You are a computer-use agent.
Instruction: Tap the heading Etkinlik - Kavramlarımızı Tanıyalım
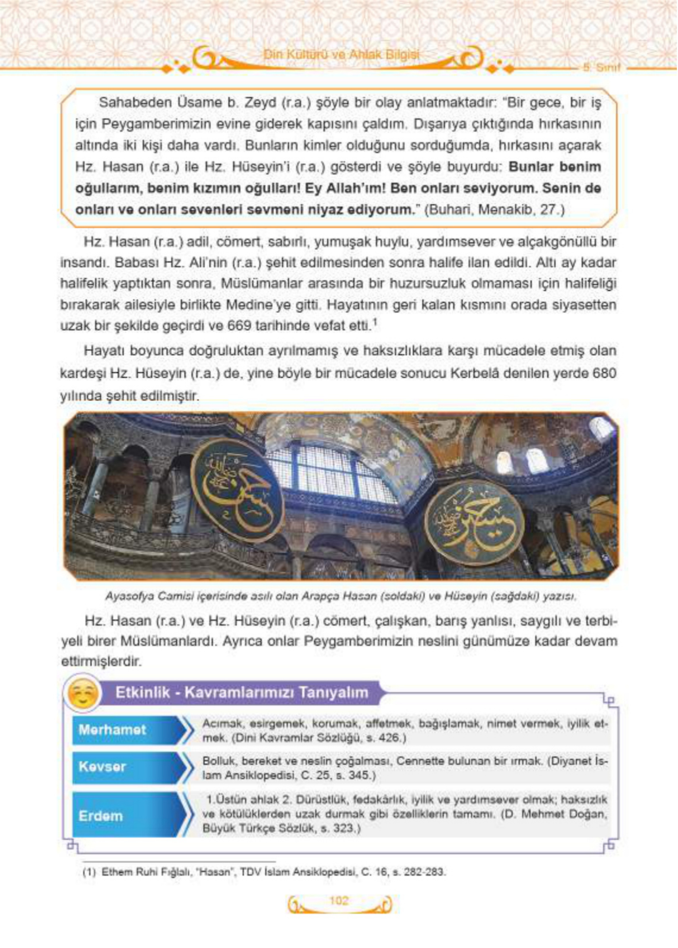(x=242, y=693)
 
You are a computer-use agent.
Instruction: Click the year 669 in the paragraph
(x=239, y=326)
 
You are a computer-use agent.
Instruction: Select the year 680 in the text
(x=604, y=373)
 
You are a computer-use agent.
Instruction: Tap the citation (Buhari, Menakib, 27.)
(x=494, y=210)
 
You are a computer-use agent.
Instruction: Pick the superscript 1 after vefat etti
(x=375, y=322)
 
